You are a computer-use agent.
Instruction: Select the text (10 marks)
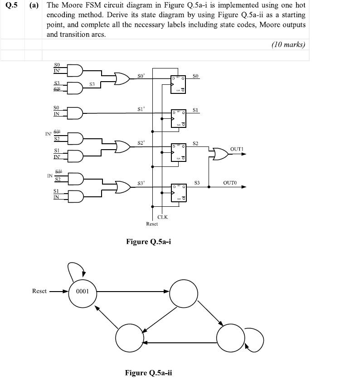click(x=288, y=44)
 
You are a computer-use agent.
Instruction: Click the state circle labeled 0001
click(x=83, y=292)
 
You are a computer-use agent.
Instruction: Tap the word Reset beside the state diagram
click(x=39, y=291)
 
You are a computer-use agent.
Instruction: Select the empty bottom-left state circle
click(x=130, y=338)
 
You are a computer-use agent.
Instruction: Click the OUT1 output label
click(x=237, y=149)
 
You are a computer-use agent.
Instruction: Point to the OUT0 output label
click(x=230, y=183)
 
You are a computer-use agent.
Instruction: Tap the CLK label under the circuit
click(x=162, y=217)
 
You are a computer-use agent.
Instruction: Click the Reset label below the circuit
click(x=152, y=224)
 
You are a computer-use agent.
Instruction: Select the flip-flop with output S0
click(x=178, y=83)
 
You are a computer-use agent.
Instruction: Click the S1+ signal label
click(x=141, y=109)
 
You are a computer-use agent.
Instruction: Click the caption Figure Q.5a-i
click(x=148, y=242)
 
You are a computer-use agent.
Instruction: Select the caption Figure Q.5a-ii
click(x=148, y=373)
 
